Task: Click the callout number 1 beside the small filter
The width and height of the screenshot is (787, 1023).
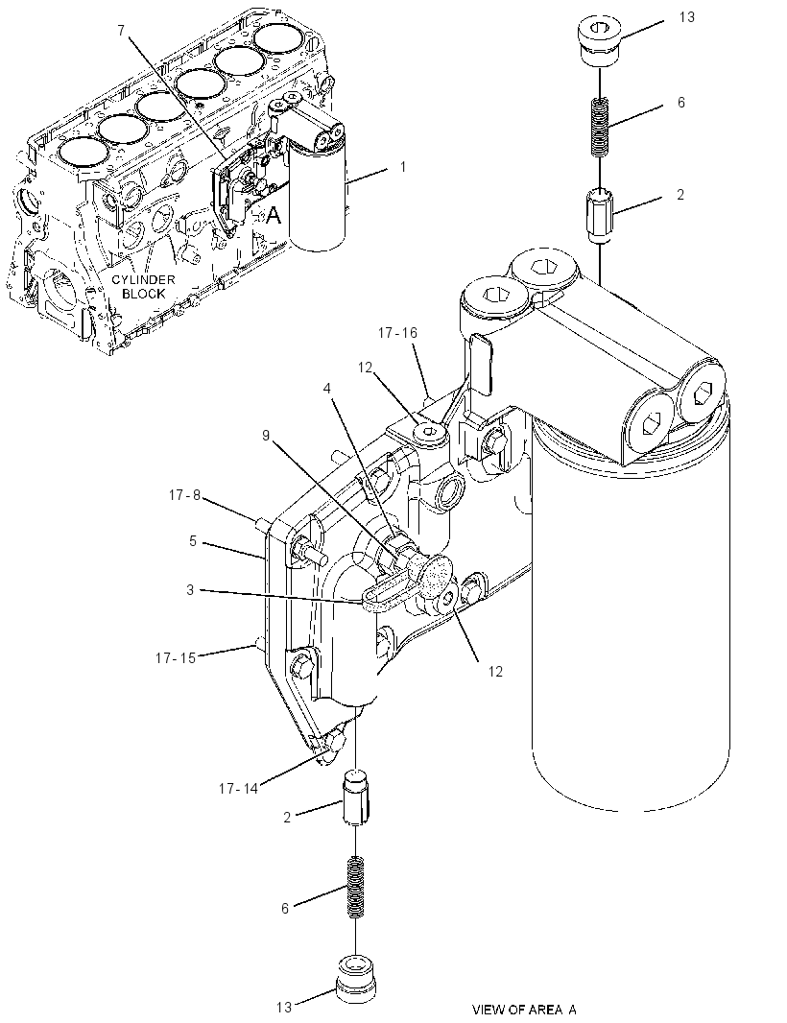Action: click(x=403, y=167)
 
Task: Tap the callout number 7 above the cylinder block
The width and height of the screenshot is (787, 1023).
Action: click(x=121, y=30)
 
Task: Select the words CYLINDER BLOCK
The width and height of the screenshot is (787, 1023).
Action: click(x=143, y=286)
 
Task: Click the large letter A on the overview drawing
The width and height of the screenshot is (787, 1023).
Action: click(x=274, y=215)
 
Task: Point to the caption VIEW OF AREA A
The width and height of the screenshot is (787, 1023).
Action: click(x=524, y=1010)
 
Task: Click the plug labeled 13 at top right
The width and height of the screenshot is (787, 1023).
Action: click(x=599, y=42)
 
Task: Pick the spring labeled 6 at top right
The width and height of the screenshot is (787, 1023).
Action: click(x=600, y=128)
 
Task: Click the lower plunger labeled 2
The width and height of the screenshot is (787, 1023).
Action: click(x=356, y=797)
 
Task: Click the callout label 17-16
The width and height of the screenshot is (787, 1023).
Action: click(x=397, y=333)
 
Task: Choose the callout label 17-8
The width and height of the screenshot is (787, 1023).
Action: click(x=184, y=495)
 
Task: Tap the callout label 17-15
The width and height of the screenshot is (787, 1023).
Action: click(x=176, y=658)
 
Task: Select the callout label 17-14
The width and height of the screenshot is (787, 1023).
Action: click(x=238, y=789)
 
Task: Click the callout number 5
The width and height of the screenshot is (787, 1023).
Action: click(x=193, y=541)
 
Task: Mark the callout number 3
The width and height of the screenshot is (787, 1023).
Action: click(x=190, y=590)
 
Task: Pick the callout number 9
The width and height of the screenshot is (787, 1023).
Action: click(x=266, y=435)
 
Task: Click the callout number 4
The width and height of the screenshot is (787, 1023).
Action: click(x=327, y=389)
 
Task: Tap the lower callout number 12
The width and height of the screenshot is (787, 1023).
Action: click(x=495, y=672)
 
